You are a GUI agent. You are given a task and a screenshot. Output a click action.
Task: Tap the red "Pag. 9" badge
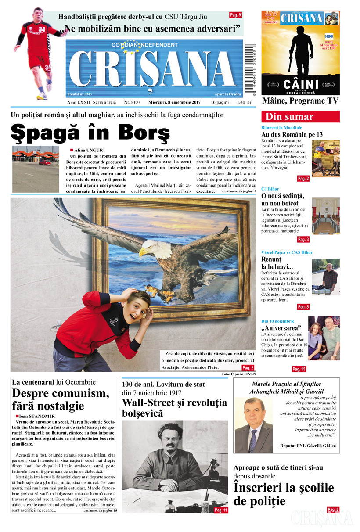pos(235,15)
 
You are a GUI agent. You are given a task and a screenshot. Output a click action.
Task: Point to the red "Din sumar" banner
pos(300,117)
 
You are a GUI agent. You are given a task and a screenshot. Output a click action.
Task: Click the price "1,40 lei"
pos(244,102)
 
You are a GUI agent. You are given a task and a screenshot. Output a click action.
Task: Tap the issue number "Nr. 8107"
pos(132,102)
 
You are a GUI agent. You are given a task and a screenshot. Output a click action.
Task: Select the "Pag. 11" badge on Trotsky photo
pos(221,510)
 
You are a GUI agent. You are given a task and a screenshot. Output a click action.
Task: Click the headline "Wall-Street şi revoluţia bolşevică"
pos(174,408)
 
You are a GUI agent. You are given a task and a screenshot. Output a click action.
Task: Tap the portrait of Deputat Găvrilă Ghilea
pos(254,424)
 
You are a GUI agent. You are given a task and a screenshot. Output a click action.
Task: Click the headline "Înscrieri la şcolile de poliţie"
pos(284,494)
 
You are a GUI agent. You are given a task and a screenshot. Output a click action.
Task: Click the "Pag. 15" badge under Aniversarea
pos(299,369)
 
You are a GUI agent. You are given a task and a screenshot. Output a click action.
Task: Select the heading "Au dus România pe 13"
pos(292,134)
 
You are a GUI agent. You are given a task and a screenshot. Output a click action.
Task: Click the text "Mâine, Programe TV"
pos(300,101)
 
